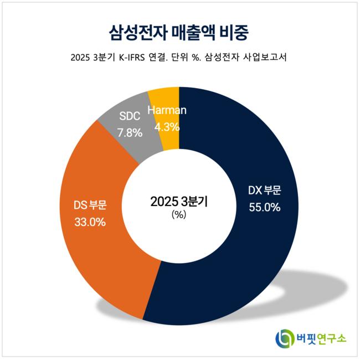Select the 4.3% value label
click(167, 126)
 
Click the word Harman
click(167, 110)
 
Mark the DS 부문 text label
click(90, 205)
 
